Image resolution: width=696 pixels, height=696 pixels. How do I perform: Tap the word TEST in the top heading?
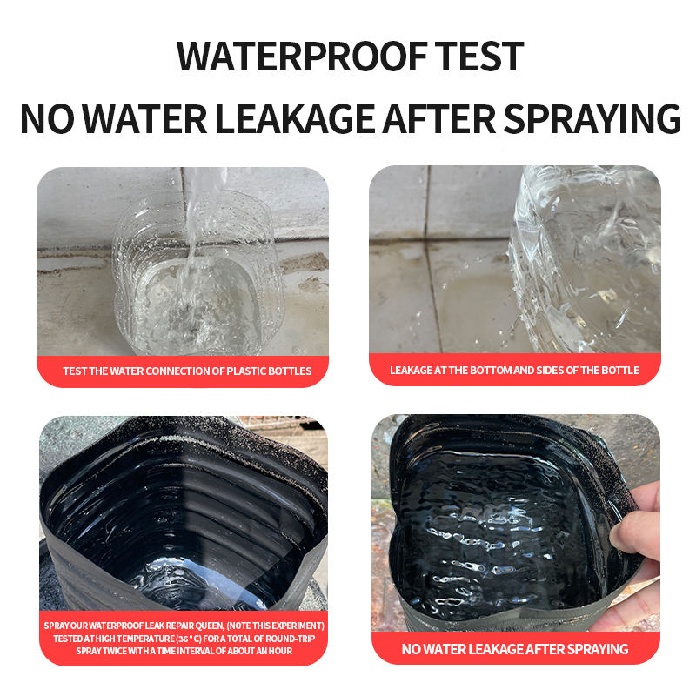(x=479, y=57)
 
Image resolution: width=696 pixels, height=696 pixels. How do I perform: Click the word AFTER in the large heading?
(x=439, y=118)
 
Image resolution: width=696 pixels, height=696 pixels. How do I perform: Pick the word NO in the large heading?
(x=47, y=118)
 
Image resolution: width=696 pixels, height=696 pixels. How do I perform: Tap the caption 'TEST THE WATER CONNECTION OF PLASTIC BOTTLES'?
(x=187, y=371)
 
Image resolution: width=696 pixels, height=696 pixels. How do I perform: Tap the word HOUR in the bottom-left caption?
(x=279, y=651)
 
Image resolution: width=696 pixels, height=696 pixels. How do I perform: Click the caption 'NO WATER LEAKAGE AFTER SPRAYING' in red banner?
(x=515, y=649)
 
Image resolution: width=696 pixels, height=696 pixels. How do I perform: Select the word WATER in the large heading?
(x=144, y=118)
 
